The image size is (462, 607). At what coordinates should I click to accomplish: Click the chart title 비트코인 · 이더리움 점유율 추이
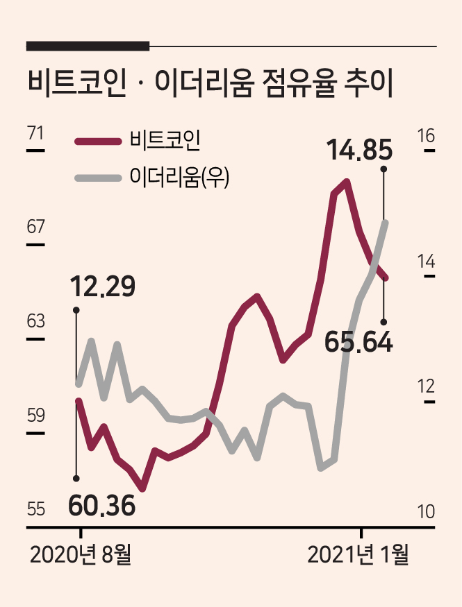pyautogui.click(x=211, y=83)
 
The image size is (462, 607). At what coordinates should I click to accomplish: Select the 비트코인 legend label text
pyautogui.click(x=165, y=140)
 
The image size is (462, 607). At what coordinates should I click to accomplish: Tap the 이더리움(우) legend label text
pyautogui.click(x=179, y=178)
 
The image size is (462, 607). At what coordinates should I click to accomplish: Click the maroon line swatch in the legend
pyautogui.click(x=98, y=142)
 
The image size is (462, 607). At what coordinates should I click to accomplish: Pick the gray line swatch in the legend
pyautogui.click(x=98, y=178)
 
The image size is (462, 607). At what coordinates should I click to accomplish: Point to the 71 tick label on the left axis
pyautogui.click(x=35, y=133)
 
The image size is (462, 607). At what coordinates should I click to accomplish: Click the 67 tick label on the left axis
pyautogui.click(x=35, y=227)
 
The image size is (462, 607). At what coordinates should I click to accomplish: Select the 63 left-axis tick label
pyautogui.click(x=35, y=321)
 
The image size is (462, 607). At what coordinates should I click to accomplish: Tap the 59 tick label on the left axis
pyautogui.click(x=35, y=416)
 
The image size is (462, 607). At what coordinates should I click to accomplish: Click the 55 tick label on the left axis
pyautogui.click(x=35, y=509)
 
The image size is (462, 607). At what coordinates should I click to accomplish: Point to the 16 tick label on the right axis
pyautogui.click(x=426, y=135)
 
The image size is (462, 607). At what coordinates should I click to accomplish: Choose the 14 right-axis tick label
pyautogui.click(x=426, y=262)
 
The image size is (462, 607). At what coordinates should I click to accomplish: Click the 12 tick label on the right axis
pyautogui.click(x=426, y=386)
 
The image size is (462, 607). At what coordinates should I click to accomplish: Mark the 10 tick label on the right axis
pyautogui.click(x=426, y=512)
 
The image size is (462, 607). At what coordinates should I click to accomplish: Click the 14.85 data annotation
pyautogui.click(x=359, y=150)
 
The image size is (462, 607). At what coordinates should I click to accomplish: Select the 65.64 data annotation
pyautogui.click(x=358, y=342)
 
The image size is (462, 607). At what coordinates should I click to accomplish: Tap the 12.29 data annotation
pyautogui.click(x=103, y=287)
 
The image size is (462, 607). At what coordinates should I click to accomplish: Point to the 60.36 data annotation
pyautogui.click(x=101, y=506)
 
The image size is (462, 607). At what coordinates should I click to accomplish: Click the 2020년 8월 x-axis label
pyautogui.click(x=81, y=555)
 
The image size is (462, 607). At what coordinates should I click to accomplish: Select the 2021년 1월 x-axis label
pyautogui.click(x=358, y=555)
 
